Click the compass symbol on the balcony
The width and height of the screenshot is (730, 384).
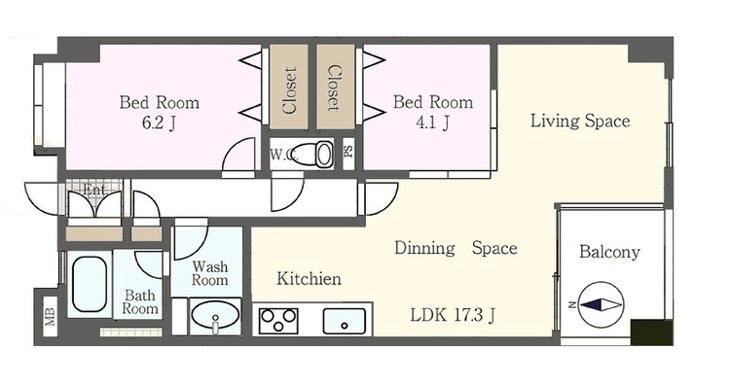[601, 305]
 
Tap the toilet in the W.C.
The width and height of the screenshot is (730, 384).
[313, 154]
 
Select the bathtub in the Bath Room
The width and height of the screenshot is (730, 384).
[90, 284]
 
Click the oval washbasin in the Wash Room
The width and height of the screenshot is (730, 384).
[215, 315]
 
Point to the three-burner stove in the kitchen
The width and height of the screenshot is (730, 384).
[278, 320]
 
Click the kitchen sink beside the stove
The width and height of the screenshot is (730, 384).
[345, 321]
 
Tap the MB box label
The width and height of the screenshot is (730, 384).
[50, 317]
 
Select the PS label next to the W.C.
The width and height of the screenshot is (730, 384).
[348, 152]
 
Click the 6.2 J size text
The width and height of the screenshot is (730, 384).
[159, 122]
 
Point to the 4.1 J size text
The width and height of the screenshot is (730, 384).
[432, 122]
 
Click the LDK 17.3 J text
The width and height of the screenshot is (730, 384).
[453, 315]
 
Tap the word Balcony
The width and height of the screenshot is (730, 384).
[609, 252]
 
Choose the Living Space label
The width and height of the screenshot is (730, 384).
[580, 121]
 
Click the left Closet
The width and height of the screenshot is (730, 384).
[289, 87]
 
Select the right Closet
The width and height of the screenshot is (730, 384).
[336, 87]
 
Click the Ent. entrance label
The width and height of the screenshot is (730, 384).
[94, 190]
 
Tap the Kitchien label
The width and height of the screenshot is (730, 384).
[310, 278]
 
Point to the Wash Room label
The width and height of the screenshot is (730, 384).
[210, 273]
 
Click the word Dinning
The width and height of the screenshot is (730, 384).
[424, 248]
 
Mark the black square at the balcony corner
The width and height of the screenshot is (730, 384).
[652, 332]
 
